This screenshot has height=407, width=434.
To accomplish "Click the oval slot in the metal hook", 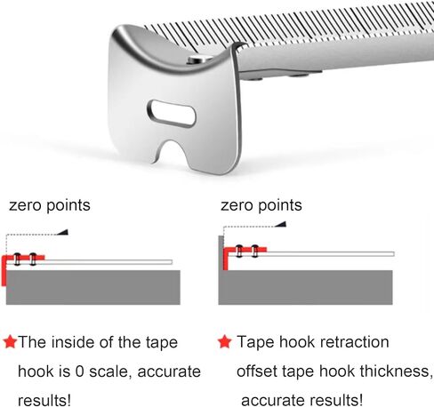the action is click(x=172, y=114).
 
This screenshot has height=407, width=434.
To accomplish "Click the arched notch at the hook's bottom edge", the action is click(x=172, y=152).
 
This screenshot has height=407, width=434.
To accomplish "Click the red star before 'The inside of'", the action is click(x=11, y=342).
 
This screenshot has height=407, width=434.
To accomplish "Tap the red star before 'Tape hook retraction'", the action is click(x=224, y=341).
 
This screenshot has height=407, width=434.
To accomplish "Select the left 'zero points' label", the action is click(x=50, y=205).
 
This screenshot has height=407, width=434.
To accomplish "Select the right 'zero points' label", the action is click(x=261, y=205).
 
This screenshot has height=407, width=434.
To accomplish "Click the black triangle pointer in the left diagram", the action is click(x=63, y=232).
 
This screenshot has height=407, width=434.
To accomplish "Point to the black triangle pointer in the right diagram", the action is click(x=280, y=224).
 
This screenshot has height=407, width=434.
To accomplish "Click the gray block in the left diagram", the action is click(x=93, y=287).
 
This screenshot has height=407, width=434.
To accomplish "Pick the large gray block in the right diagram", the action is click(x=306, y=287).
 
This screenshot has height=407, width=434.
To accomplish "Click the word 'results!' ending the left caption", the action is click(x=44, y=401).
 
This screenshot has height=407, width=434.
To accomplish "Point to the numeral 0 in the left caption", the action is click(x=79, y=371).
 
